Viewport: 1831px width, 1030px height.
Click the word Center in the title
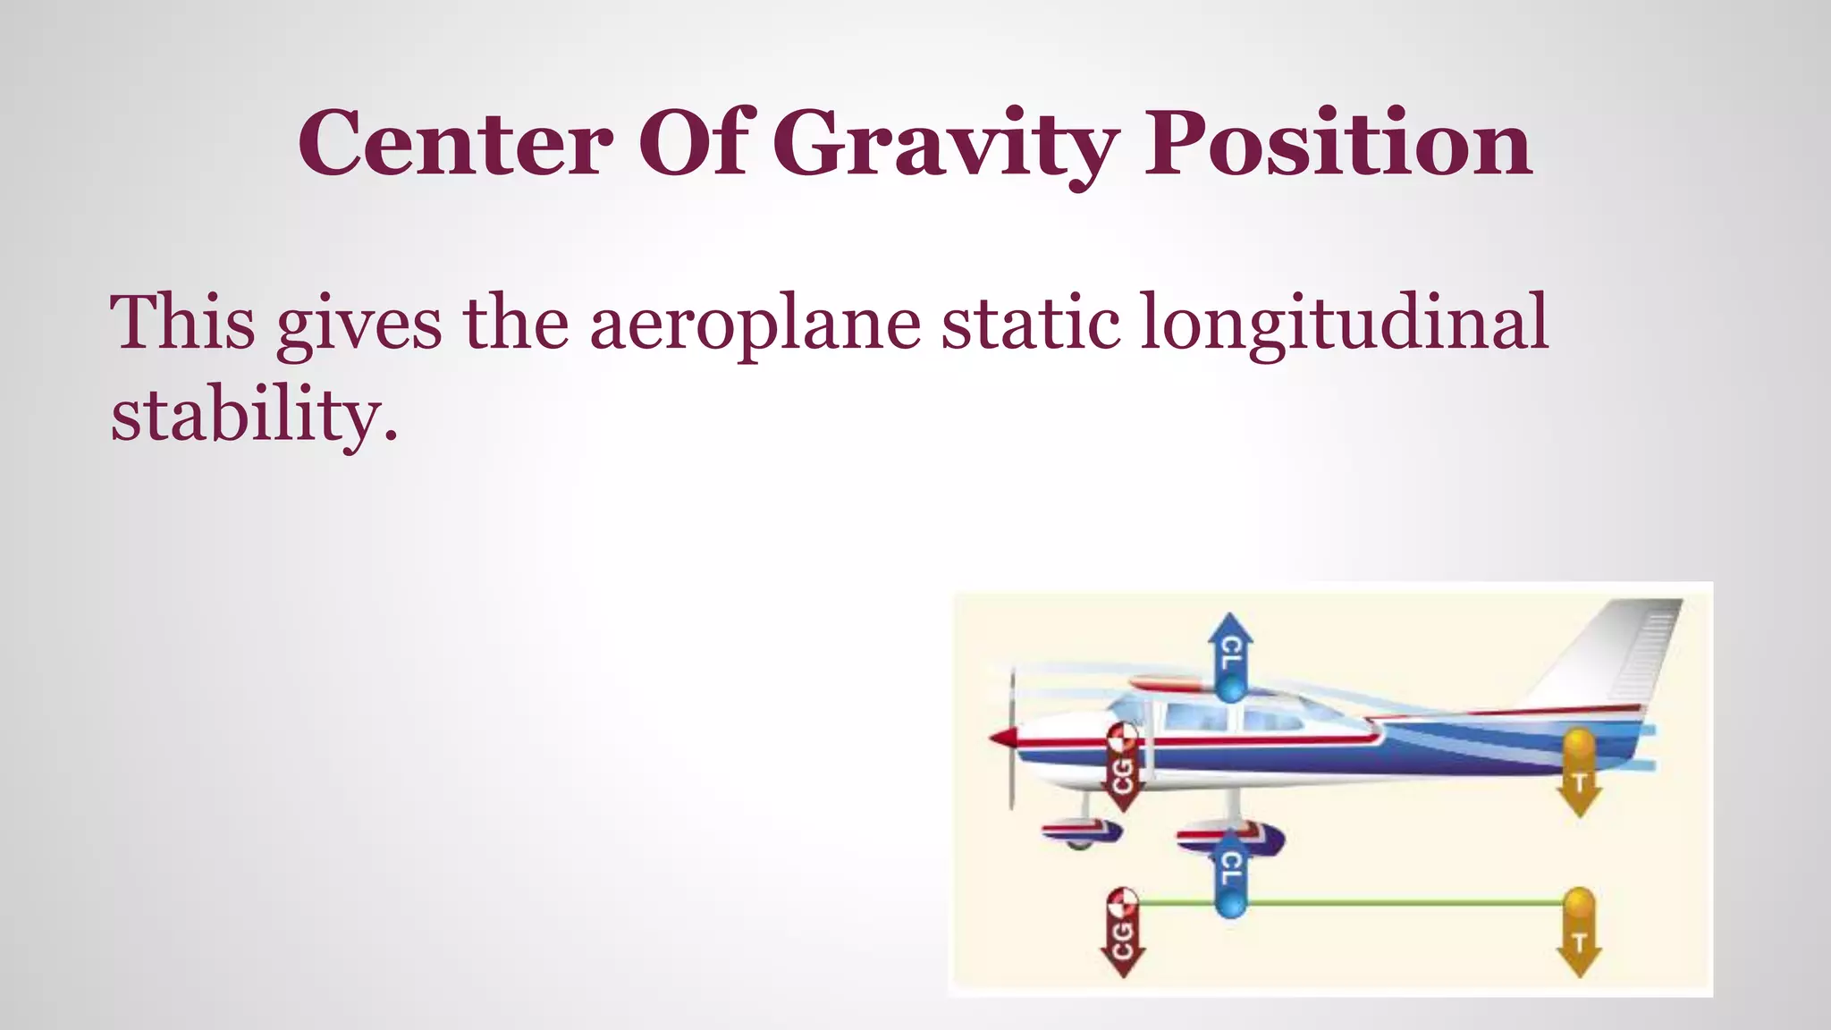click(455, 143)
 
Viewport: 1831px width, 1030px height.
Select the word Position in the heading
click(1338, 143)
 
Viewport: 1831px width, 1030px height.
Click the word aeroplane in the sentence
click(755, 324)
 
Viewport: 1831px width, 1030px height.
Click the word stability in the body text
click(253, 416)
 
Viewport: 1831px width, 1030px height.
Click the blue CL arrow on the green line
click(1230, 872)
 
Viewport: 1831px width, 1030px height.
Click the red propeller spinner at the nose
click(1003, 739)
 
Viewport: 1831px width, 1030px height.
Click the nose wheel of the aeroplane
click(1082, 833)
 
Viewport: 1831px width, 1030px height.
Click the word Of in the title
click(693, 143)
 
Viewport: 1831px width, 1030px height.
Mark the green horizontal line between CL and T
click(1404, 903)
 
